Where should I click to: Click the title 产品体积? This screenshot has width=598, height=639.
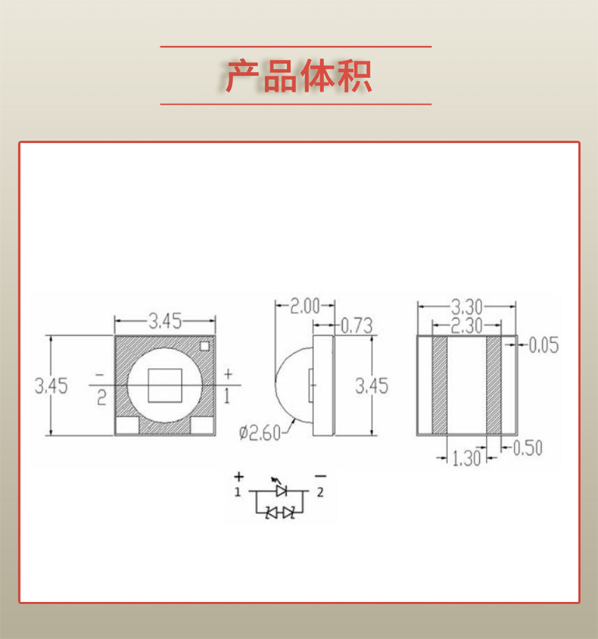pyautogui.click(x=298, y=76)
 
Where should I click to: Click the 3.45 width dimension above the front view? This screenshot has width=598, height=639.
pyautogui.click(x=164, y=321)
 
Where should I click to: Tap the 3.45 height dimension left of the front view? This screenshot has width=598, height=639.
pyautogui.click(x=51, y=386)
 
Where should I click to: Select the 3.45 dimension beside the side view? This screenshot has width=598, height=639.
pyautogui.click(x=372, y=386)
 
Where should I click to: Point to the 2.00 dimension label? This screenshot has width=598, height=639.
pyautogui.click(x=307, y=307)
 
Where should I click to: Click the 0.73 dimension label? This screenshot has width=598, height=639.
pyautogui.click(x=356, y=326)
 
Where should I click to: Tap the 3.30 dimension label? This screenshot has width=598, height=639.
pyautogui.click(x=467, y=307)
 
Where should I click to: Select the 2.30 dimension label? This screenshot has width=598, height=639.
pyautogui.click(x=467, y=326)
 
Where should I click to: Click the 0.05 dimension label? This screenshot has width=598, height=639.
pyautogui.click(x=543, y=346)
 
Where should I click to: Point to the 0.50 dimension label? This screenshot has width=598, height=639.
pyautogui.click(x=528, y=448)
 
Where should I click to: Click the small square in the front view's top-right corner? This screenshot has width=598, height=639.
pyautogui.click(x=204, y=346)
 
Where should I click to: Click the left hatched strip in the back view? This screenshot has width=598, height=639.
pyautogui.click(x=439, y=385)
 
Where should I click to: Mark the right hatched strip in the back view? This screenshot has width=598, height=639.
pyautogui.click(x=494, y=385)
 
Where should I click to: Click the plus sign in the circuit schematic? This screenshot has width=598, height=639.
pyautogui.click(x=238, y=476)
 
